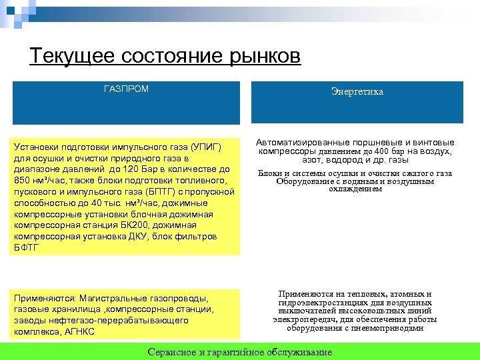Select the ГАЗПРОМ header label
coord(127,89)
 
